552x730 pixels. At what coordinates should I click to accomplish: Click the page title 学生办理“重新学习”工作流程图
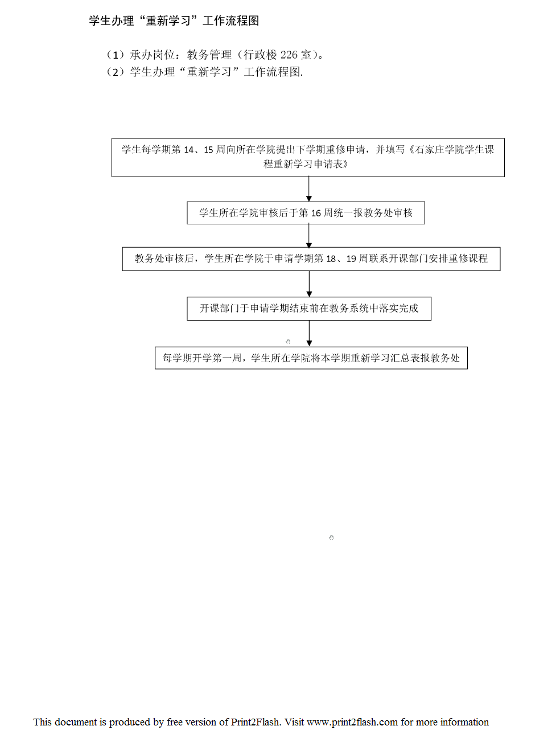174,20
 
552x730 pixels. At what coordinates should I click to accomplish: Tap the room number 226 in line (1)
289,55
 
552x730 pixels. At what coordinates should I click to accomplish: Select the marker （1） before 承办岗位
116,55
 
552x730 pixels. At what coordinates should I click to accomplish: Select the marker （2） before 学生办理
116,72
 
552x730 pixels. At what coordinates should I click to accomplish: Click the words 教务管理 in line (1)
209,55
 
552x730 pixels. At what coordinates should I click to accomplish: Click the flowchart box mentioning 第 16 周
306,213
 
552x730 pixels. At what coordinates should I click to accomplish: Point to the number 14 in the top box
189,150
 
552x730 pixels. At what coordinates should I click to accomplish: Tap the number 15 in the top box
208,150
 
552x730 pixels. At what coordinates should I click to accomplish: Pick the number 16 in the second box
316,213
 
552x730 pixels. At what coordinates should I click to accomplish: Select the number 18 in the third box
331,259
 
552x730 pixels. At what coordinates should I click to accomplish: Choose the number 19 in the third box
351,259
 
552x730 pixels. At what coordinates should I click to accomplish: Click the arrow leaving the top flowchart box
309,189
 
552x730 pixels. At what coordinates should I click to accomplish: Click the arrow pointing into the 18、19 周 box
309,236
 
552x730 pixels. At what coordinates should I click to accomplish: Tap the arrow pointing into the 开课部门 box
309,284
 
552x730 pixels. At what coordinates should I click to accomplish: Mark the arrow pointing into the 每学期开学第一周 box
309,333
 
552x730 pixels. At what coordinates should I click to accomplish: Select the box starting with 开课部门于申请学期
309,309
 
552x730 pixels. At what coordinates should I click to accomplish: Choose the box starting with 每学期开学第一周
311,358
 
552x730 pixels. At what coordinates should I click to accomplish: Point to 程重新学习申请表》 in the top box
306,164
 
